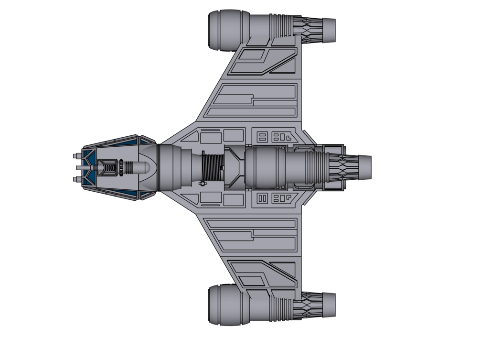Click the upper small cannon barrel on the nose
tap(77, 157)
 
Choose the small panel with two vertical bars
tap(262, 198)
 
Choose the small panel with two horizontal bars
tap(262, 136)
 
